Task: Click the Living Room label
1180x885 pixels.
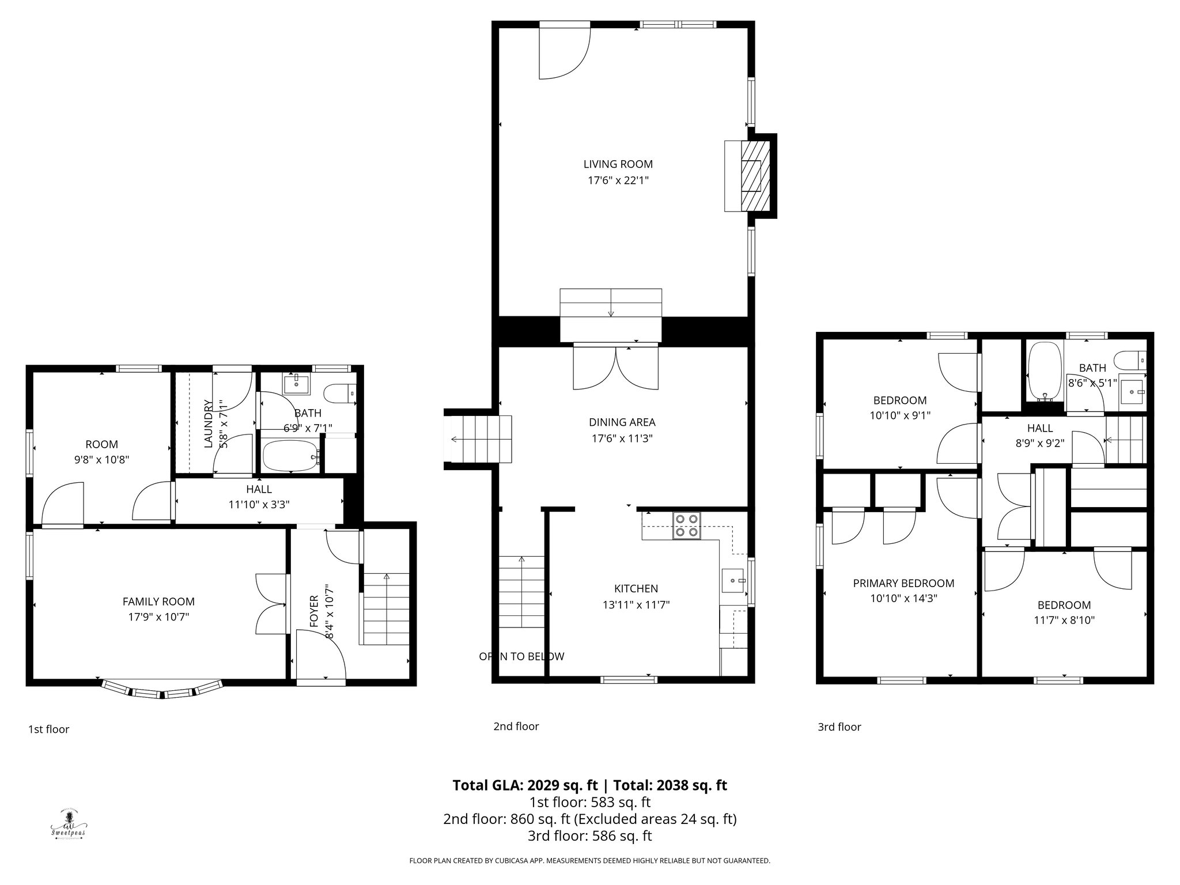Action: click(x=618, y=164)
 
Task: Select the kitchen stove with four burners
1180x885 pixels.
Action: click(x=687, y=525)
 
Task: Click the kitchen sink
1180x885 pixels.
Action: click(x=733, y=580)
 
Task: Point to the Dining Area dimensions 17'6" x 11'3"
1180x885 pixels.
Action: click(x=622, y=438)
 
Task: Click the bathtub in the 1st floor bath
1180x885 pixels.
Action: click(x=290, y=456)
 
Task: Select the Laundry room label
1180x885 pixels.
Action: click(x=208, y=423)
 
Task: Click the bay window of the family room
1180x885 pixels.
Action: click(x=162, y=690)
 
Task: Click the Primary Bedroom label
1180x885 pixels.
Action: click(x=903, y=583)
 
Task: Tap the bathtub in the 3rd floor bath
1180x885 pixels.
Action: click(x=1045, y=372)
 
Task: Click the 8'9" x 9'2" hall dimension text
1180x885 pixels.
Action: click(x=1039, y=444)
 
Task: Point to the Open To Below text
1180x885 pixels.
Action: click(x=521, y=656)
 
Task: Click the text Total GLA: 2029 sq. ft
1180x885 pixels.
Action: click(x=525, y=785)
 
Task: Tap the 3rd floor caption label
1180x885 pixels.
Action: click(x=839, y=727)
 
